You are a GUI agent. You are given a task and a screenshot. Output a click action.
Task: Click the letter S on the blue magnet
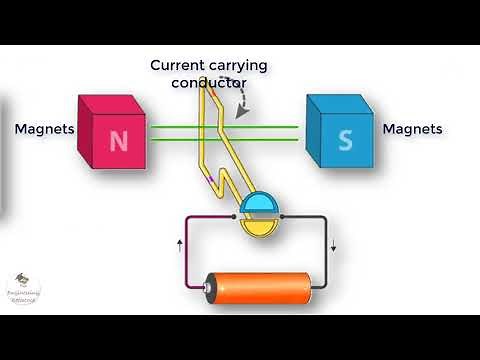(345, 141)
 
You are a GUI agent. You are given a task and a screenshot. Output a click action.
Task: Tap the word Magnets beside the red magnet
(44, 129)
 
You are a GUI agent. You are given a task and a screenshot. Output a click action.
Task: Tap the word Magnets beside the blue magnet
(412, 129)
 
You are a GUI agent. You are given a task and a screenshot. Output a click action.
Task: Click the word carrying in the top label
(237, 66)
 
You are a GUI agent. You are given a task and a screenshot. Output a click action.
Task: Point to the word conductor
(208, 83)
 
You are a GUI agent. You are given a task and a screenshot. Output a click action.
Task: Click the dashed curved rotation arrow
(243, 101)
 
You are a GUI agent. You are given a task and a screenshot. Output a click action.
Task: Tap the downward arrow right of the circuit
(335, 248)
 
